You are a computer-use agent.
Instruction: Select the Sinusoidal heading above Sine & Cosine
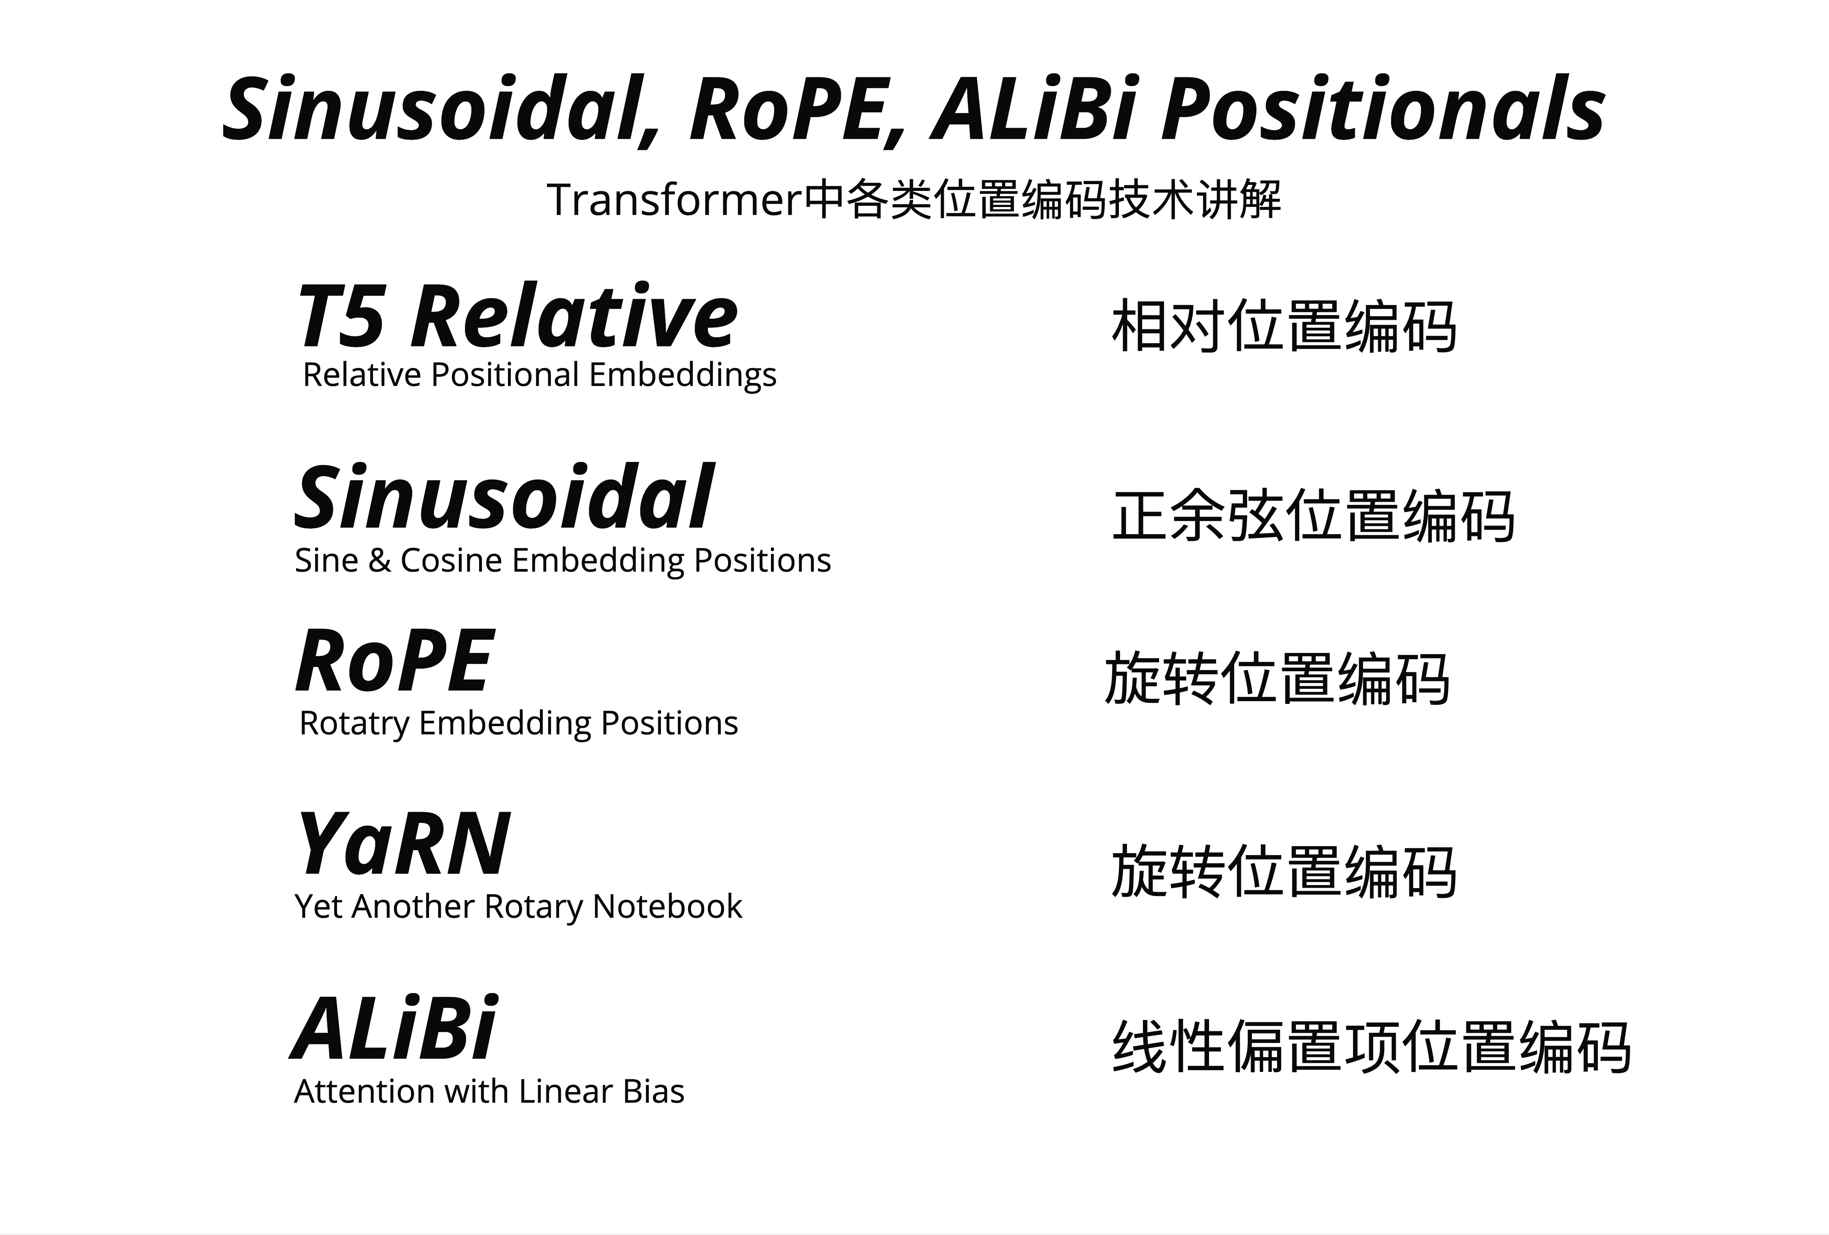click(x=505, y=498)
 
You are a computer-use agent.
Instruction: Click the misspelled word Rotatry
click(x=354, y=723)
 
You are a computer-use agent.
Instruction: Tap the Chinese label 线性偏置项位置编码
click(x=1371, y=1047)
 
